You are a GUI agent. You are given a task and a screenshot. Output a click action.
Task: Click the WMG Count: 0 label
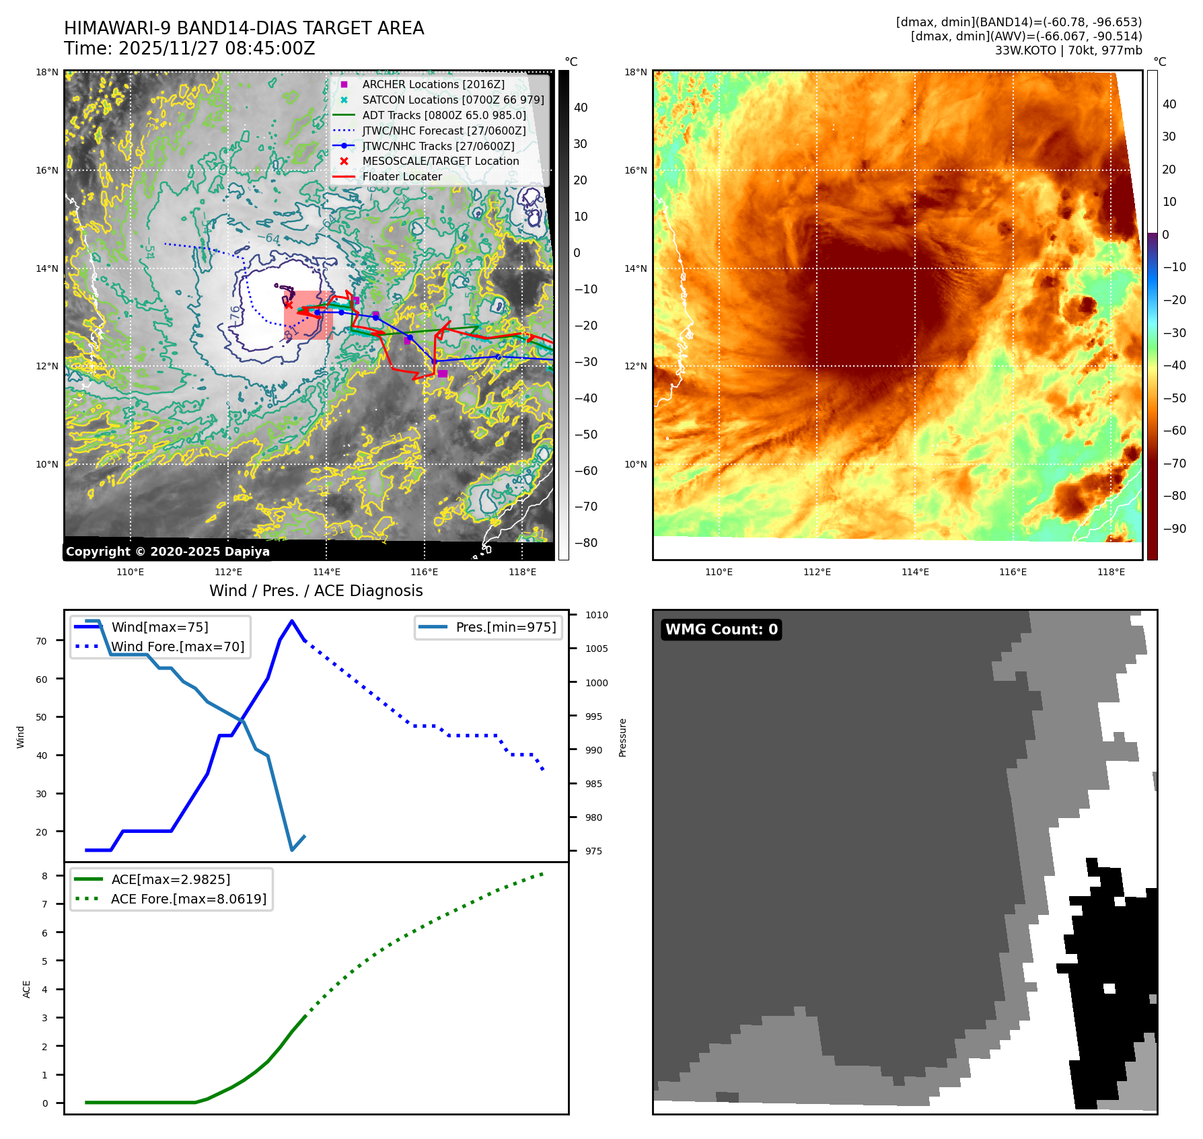[721, 630]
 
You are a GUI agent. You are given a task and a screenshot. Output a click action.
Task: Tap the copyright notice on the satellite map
[168, 552]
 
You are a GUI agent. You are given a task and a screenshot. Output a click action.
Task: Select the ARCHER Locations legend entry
[433, 84]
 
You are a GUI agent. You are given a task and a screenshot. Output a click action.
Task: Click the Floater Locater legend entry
[402, 176]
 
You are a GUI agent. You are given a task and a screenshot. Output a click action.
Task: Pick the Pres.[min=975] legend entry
[505, 627]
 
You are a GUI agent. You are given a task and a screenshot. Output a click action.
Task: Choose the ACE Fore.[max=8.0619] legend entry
[188, 899]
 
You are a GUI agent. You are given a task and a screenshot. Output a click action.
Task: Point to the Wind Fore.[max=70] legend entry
[178, 647]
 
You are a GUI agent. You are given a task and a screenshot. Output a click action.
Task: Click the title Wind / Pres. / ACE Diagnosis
[316, 591]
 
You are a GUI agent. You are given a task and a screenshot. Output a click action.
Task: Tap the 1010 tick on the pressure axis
[596, 615]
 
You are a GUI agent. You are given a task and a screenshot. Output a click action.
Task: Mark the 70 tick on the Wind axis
[42, 641]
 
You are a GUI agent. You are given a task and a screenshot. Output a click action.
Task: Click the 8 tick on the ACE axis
[45, 876]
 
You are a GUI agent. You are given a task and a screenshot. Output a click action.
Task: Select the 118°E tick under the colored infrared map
[1111, 572]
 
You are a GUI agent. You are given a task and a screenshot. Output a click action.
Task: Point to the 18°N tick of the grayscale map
[47, 72]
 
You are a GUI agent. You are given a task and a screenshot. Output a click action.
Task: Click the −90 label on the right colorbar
[1174, 529]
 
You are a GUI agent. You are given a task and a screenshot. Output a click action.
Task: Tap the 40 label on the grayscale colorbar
[580, 108]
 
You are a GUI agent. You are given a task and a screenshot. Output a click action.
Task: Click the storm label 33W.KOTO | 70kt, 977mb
[1068, 50]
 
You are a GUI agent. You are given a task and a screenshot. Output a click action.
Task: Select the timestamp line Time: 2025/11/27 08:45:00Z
[190, 48]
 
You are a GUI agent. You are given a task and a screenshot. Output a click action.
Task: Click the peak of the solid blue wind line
[291, 621]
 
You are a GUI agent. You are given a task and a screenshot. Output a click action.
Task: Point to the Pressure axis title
[622, 737]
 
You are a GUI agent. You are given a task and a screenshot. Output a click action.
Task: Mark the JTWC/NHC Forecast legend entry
[443, 131]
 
